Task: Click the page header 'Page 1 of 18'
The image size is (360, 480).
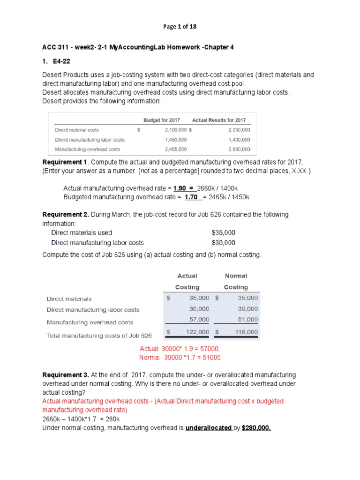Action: point(180,27)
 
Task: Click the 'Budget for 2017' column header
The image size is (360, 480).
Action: point(161,120)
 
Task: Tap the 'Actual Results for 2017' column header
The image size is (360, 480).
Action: point(219,120)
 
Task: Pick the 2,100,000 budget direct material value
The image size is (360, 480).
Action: point(176,130)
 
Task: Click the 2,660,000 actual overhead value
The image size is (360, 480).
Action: point(239,150)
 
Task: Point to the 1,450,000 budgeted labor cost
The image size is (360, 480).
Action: point(176,140)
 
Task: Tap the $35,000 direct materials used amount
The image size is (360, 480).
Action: point(224,232)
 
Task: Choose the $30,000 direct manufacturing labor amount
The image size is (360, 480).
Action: point(224,243)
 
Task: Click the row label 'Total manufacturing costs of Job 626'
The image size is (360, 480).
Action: point(99,336)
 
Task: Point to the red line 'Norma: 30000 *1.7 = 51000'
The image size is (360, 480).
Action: point(180,358)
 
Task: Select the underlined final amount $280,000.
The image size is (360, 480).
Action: point(256,428)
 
